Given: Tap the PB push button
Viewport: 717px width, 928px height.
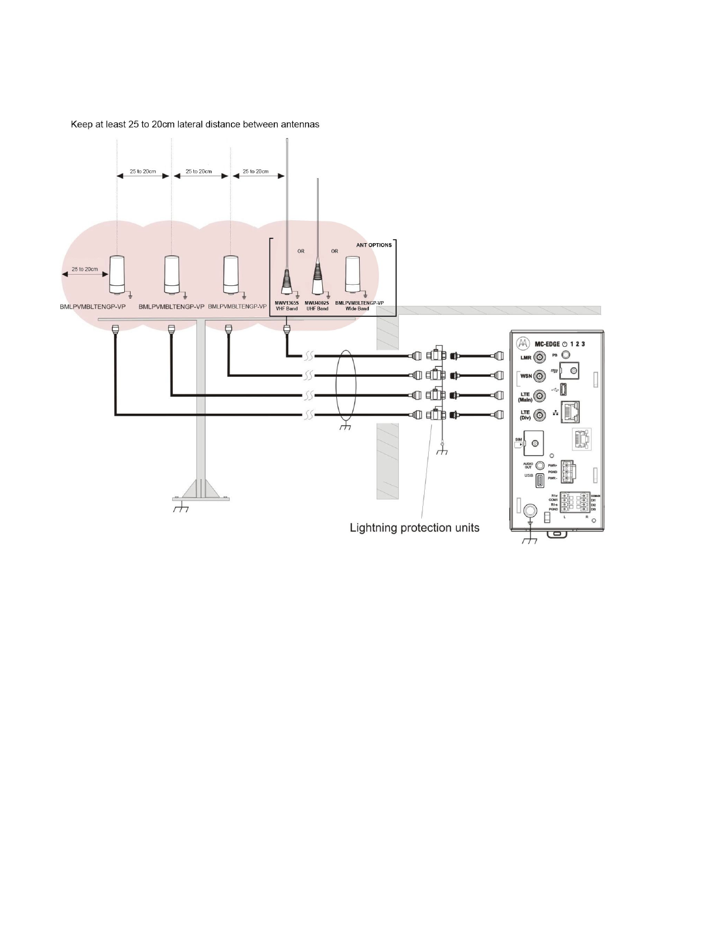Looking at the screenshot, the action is pyautogui.click(x=565, y=355).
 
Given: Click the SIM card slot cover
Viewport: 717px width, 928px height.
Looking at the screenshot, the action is pyautogui.click(x=534, y=443).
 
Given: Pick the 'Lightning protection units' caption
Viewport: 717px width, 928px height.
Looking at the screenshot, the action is pyautogui.click(x=414, y=528).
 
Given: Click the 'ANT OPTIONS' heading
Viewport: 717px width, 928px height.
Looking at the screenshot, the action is pyautogui.click(x=374, y=244).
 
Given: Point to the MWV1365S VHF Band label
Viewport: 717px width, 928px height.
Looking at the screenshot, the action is pyautogui.click(x=287, y=306).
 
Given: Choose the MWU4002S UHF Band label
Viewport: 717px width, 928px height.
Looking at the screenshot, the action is pyautogui.click(x=317, y=306).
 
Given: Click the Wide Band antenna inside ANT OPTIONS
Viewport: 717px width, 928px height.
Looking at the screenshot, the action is pyautogui.click(x=353, y=275).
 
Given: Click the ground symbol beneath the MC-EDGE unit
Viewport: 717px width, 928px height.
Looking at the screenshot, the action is pyautogui.click(x=530, y=539).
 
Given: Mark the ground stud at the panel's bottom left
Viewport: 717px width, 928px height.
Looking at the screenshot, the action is pyautogui.click(x=530, y=510).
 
